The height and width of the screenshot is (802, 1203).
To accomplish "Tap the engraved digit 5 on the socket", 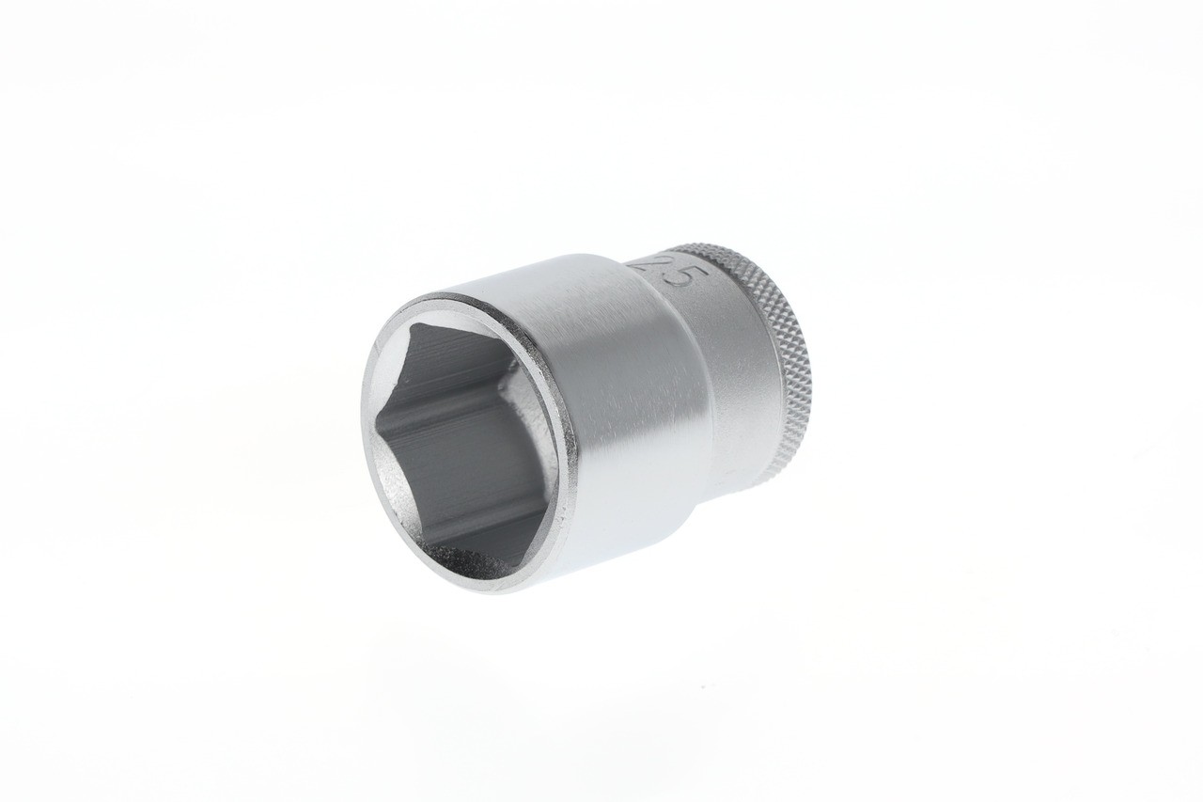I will (x=683, y=279).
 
